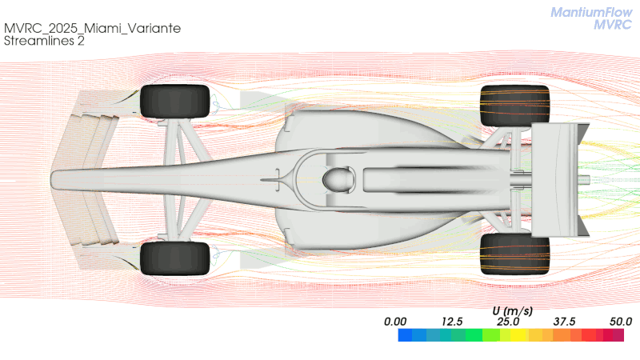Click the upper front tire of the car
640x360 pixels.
(174, 102)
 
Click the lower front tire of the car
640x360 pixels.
(174, 258)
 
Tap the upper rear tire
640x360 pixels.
(514, 106)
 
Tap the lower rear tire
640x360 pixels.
(514, 254)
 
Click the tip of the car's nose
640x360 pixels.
(51, 179)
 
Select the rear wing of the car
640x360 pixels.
(559, 179)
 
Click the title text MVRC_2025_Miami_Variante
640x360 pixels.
(92, 28)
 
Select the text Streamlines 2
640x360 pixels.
(44, 41)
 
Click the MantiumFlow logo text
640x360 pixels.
(591, 12)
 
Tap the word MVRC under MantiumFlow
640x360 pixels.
(613, 25)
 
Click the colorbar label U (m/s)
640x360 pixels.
(512, 311)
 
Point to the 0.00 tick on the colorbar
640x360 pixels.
(395, 322)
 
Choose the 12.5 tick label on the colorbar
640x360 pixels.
(452, 322)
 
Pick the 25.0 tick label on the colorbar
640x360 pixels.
(508, 322)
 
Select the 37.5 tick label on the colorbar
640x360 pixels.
(565, 322)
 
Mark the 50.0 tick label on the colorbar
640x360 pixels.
(621, 322)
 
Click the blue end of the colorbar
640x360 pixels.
(405, 335)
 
